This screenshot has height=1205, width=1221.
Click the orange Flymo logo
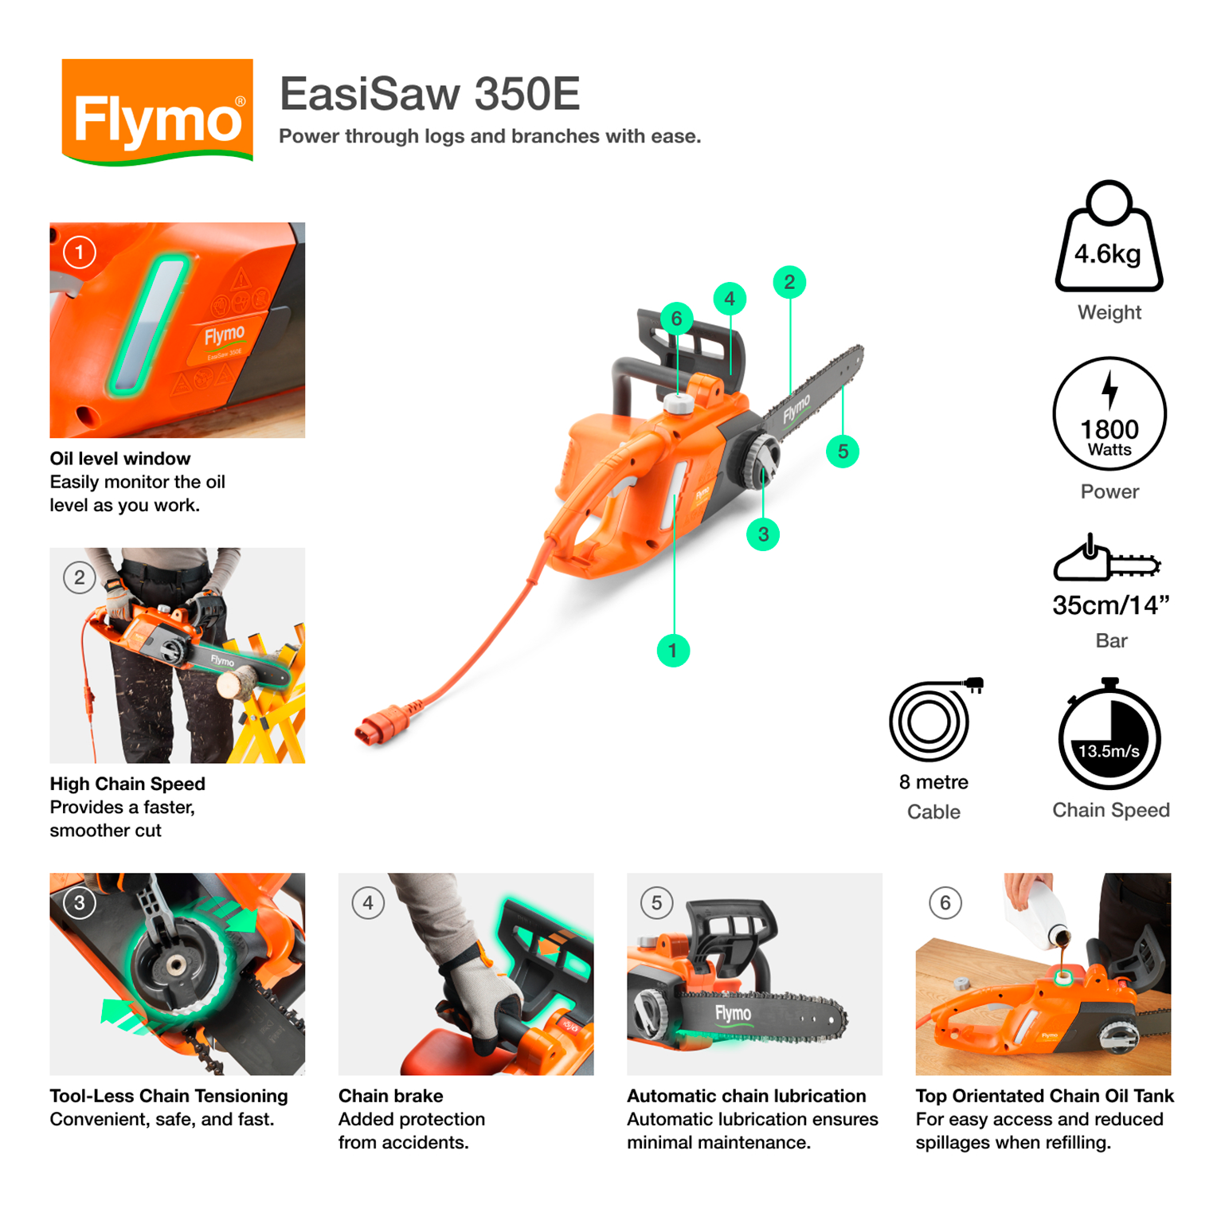[157, 112]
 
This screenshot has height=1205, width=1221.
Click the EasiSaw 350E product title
[429, 94]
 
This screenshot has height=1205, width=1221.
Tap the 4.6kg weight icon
[1108, 239]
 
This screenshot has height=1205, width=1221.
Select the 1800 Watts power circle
[1109, 414]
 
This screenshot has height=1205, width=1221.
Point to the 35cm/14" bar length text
[1110, 605]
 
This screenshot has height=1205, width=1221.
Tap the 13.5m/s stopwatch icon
[1109, 737]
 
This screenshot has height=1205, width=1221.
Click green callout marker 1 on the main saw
[673, 651]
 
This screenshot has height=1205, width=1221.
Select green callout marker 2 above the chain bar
[789, 282]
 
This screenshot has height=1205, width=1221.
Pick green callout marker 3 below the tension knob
[763, 534]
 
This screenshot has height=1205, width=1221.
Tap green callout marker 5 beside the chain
[843, 452]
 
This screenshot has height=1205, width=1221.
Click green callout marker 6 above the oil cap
[676, 319]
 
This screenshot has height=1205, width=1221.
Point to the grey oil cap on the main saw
[679, 403]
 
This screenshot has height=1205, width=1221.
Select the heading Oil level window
[120, 459]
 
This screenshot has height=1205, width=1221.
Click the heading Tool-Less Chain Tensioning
[168, 1096]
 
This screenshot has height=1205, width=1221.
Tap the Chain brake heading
[390, 1096]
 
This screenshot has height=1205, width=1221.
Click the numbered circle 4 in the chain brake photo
[368, 903]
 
